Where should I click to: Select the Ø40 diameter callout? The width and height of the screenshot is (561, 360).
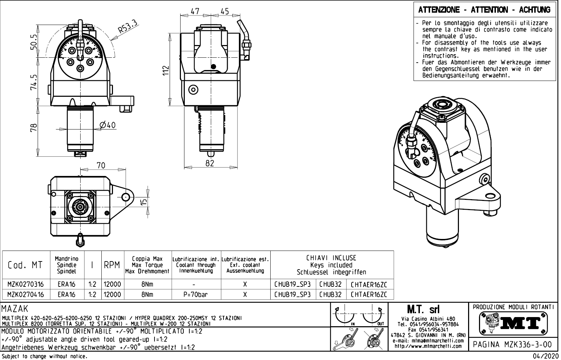click(108, 125)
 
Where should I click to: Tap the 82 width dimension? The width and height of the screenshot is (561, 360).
click(210, 163)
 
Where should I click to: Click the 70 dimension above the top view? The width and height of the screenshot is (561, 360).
click(101, 165)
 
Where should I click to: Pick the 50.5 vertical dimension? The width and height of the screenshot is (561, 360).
click(34, 42)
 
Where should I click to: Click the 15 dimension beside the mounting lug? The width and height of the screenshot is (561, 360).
click(144, 202)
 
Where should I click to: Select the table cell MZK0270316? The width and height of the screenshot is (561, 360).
click(26, 284)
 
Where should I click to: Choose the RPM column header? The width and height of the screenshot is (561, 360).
click(112, 265)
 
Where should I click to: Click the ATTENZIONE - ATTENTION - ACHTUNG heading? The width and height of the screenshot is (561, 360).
click(484, 10)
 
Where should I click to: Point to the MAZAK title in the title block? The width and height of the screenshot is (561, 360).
click(15, 309)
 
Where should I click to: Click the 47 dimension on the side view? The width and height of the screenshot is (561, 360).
click(195, 11)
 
